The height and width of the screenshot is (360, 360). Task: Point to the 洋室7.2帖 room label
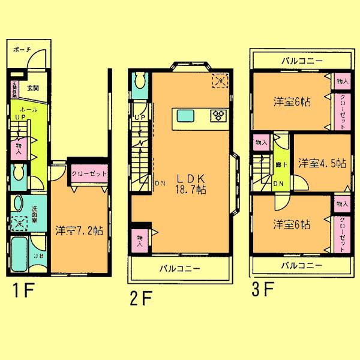79,230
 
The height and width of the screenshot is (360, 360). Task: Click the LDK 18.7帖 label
191,183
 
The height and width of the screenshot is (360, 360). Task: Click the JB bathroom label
22,256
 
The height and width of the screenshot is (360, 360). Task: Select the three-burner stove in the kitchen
217,115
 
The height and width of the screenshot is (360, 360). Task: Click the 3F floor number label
263,290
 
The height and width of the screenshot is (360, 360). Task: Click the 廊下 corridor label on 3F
278,163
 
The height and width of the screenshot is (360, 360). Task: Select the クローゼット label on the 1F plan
89,174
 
